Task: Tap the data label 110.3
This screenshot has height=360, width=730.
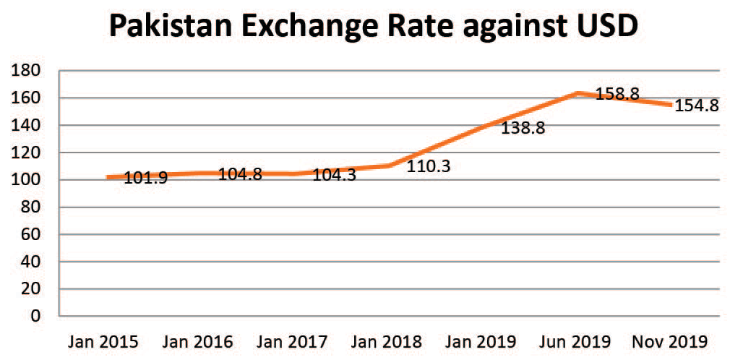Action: pyautogui.click(x=429, y=166)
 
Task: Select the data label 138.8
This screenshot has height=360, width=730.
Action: pyautogui.click(x=523, y=129)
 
